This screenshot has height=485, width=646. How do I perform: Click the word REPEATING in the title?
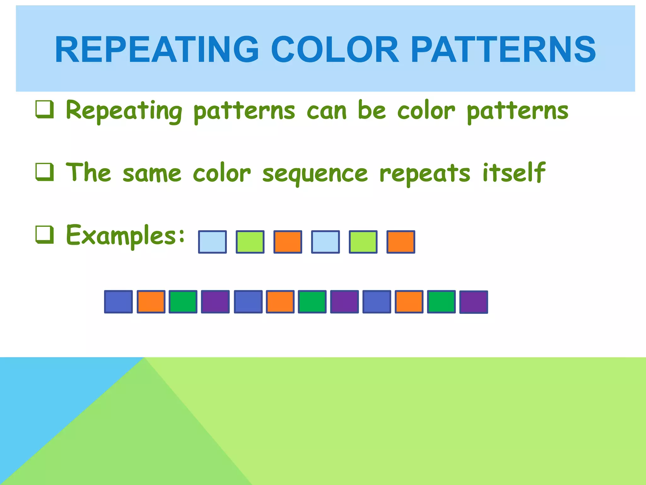(x=157, y=50)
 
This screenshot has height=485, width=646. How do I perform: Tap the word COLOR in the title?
(x=335, y=50)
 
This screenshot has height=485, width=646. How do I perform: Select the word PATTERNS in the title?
(x=503, y=50)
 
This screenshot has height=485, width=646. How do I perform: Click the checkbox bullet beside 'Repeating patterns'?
(x=44, y=110)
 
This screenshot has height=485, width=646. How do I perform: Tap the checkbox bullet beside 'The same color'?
(x=44, y=172)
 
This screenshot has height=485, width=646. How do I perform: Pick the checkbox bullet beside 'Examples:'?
(x=44, y=235)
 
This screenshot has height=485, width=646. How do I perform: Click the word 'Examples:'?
(x=125, y=235)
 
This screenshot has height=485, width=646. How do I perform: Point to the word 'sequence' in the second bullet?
(x=315, y=174)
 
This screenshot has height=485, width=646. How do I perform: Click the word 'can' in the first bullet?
(x=326, y=111)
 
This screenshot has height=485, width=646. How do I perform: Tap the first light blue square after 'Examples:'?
(x=212, y=242)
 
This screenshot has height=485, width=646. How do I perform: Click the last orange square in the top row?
(x=401, y=242)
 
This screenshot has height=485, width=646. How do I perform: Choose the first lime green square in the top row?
(x=250, y=242)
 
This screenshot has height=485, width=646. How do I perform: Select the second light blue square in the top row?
(x=325, y=242)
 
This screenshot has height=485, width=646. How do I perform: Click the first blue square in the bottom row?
(x=118, y=302)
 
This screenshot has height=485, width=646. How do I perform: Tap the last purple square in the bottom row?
(x=473, y=302)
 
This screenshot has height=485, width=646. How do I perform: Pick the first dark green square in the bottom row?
(x=183, y=302)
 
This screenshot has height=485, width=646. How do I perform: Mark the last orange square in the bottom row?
(x=409, y=302)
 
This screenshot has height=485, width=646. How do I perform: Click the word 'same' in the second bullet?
(x=152, y=174)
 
